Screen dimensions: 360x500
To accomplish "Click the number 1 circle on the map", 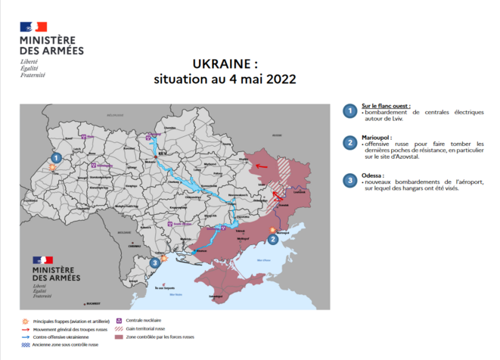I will [55, 157].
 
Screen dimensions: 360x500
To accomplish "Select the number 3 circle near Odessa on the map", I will [154, 262].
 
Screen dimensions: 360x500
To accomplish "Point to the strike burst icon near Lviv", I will [51, 168].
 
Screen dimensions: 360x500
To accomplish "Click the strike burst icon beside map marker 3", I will [163, 257].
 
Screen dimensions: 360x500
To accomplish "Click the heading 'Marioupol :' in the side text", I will [377, 138].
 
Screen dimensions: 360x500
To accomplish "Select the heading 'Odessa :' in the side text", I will [374, 175].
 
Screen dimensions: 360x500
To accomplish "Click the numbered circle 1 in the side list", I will [349, 111].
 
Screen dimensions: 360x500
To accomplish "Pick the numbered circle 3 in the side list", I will [349, 180].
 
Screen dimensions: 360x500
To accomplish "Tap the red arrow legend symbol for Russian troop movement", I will [28, 328].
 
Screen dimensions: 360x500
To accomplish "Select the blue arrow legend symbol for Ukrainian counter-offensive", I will [28, 337].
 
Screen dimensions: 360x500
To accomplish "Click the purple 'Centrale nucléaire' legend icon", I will [118, 321].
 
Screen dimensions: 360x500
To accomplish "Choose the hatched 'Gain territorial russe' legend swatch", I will [118, 328].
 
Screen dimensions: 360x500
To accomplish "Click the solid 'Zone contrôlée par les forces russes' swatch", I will [118, 337].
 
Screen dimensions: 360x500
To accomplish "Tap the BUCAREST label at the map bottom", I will [93, 302].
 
